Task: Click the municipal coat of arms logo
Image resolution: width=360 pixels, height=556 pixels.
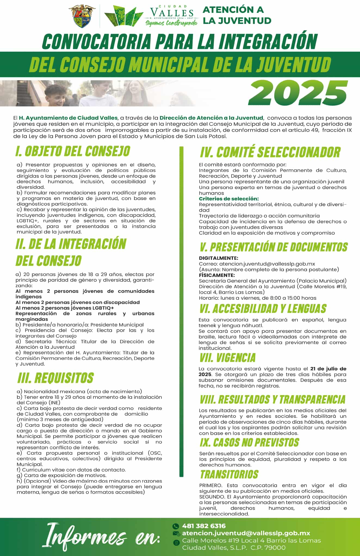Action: pos(84,16)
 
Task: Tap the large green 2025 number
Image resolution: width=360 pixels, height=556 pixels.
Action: pos(298,93)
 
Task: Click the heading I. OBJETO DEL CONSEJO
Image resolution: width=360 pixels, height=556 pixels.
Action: pos(73,151)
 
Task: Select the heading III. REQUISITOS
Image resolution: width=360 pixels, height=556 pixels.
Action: pos(55,378)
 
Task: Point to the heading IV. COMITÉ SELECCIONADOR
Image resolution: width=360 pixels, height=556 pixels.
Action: pos(270,152)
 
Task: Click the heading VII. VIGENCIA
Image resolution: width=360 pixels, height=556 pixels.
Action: pos(227,358)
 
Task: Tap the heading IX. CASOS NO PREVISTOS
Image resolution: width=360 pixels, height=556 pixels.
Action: pos(249,443)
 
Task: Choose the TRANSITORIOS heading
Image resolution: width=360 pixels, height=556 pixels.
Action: pos(229,474)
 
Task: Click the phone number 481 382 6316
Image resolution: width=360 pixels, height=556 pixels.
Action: pos(204,526)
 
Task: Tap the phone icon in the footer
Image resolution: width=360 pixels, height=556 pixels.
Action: pos(176,526)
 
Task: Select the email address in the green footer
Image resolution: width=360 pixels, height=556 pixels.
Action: pos(246,533)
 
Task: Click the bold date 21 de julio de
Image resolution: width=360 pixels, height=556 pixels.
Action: pos(328,369)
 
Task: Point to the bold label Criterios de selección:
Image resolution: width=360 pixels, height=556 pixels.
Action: pos(229,199)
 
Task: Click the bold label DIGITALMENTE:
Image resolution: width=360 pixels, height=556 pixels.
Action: pos(218,258)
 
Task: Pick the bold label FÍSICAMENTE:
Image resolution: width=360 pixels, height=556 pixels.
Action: pos(216,275)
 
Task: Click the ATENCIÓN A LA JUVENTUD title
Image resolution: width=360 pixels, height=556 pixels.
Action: pos(237,15)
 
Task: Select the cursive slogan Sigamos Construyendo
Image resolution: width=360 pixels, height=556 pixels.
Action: pos(171,23)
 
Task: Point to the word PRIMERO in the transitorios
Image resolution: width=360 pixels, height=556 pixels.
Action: pos(211,485)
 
